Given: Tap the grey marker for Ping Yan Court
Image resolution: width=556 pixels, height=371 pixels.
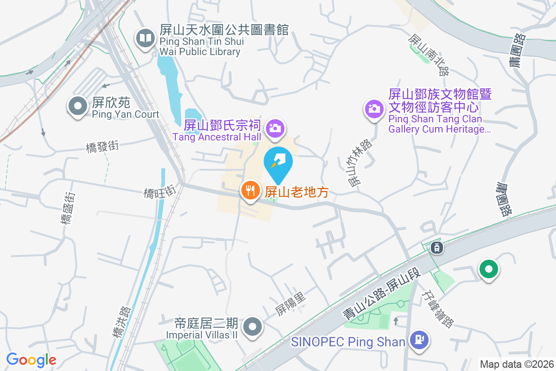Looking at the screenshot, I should pyautogui.click(x=78, y=106).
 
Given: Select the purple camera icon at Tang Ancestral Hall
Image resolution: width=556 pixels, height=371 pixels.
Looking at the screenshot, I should pyautogui.click(x=275, y=128).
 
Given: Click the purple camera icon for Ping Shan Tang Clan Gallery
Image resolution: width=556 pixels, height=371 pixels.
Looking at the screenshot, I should pyautogui.click(x=374, y=109).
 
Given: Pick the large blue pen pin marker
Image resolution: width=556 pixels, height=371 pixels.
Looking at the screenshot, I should pyautogui.click(x=278, y=163).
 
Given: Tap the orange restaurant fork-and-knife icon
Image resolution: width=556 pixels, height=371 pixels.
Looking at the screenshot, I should pyautogui.click(x=250, y=190).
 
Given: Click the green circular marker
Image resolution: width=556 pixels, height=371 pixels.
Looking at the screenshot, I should pyautogui.click(x=488, y=269).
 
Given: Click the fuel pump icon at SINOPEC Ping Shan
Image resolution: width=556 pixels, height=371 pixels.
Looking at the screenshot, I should pyautogui.click(x=419, y=340).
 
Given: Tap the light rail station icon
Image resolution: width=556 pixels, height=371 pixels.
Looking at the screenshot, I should pyautogui.click(x=437, y=248).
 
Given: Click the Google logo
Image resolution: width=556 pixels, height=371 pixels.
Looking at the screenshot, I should pyautogui.click(x=31, y=359).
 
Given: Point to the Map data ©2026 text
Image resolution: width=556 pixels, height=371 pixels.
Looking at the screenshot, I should pyautogui.click(x=517, y=364).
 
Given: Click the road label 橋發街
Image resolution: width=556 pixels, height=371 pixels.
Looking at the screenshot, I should pyautogui.click(x=102, y=147).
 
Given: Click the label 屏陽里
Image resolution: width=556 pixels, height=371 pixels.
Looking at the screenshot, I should pyautogui.click(x=291, y=304).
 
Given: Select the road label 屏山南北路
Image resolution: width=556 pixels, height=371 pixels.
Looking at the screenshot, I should pyautogui.click(x=429, y=55).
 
